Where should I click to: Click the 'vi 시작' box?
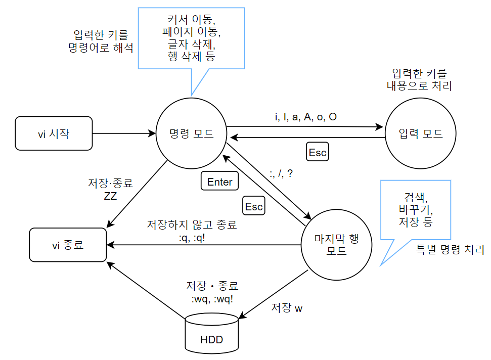pos(54,133)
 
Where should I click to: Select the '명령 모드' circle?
pos(191,133)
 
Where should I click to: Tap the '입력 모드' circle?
pos(421,133)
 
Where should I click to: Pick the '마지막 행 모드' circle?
pos(337,244)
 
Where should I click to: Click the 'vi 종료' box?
pos(68,246)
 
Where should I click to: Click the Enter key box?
pos(220,182)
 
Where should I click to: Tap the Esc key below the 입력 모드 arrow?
pos(318,152)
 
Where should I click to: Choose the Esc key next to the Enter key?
pos(254,206)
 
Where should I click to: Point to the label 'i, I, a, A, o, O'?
pos(305,117)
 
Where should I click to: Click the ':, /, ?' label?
pos(282,173)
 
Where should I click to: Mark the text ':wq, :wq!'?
pos(212,299)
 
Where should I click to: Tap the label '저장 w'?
pos(287,307)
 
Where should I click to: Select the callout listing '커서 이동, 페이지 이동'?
pos(192,38)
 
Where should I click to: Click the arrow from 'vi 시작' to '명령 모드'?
pos(124,133)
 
